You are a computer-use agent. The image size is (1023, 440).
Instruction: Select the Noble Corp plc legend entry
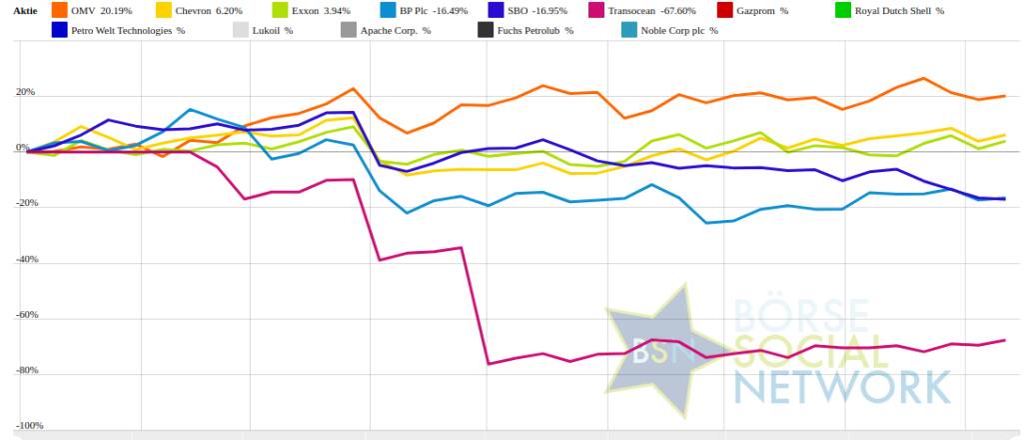coord(678,30)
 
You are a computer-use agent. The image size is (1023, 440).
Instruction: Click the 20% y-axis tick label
coord(24,93)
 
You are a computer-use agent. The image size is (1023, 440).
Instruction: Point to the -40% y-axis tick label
coord(22,259)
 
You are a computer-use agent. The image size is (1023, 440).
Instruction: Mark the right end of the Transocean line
coord(1004,340)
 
